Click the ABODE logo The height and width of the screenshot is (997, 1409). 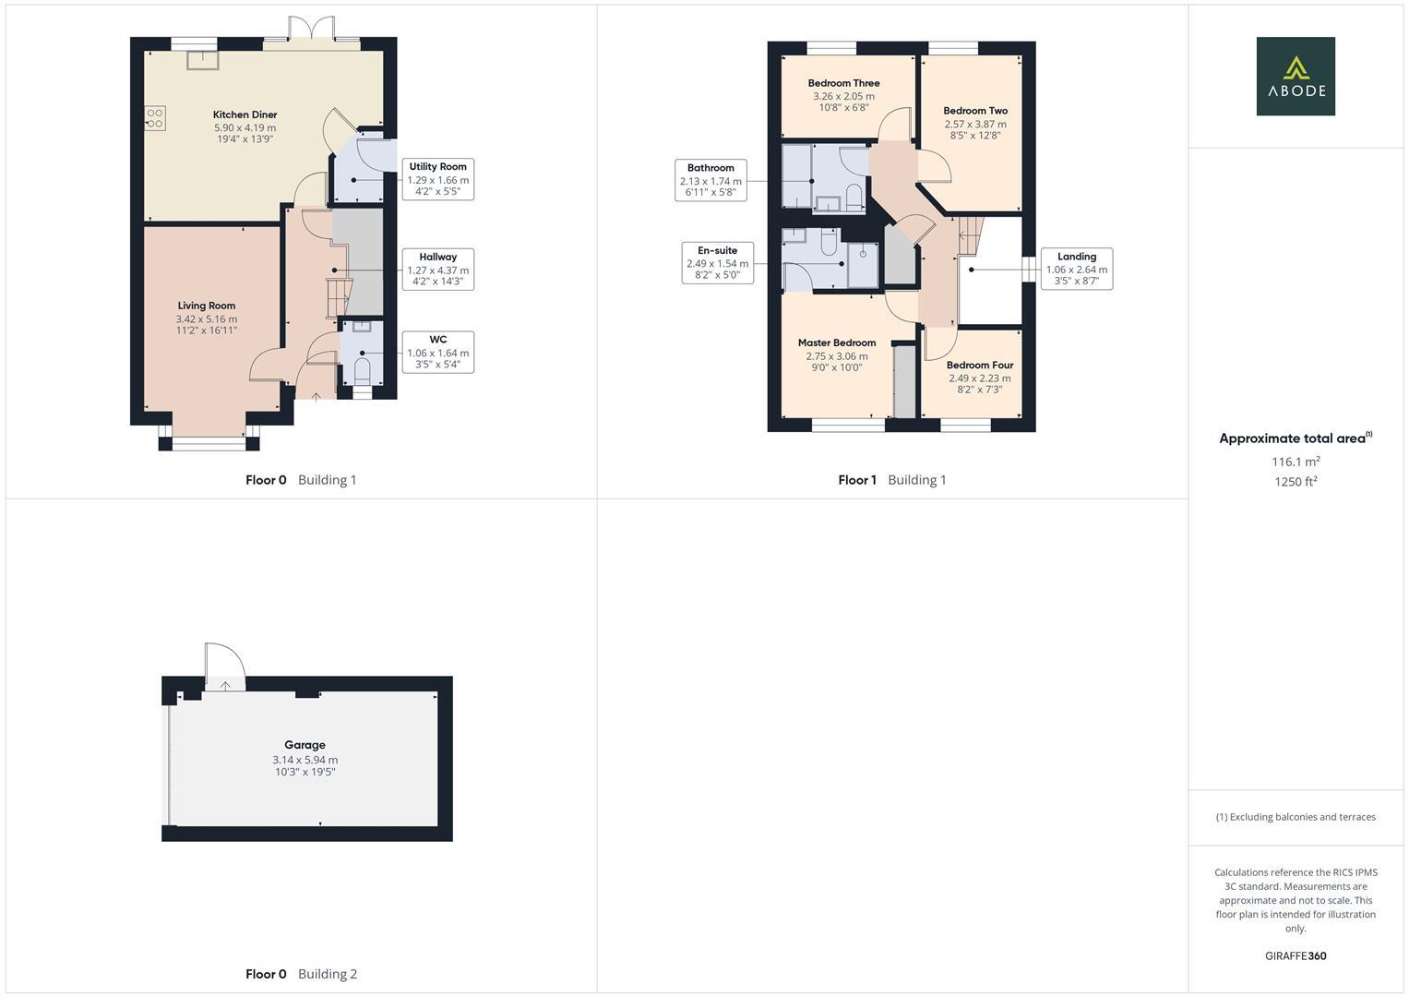pyautogui.click(x=1295, y=76)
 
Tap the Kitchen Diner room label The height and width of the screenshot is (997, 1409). pyautogui.click(x=245, y=114)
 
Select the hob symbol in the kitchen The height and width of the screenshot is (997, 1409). pyautogui.click(x=155, y=117)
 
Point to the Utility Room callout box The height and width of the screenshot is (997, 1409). pyautogui.click(x=438, y=179)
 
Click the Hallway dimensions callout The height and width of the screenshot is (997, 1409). pyautogui.click(x=438, y=270)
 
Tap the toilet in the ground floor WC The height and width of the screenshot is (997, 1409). pyautogui.click(x=362, y=372)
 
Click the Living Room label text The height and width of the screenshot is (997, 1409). pyautogui.click(x=207, y=306)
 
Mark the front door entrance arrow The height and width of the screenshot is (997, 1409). pyautogui.click(x=316, y=397)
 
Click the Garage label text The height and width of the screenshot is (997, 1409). pyautogui.click(x=304, y=745)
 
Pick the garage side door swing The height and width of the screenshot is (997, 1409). pyautogui.click(x=224, y=662)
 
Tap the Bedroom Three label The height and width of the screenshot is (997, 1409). pyautogui.click(x=843, y=83)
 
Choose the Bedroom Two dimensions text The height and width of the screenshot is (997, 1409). pyautogui.click(x=975, y=129)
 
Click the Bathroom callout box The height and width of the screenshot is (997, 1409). pyautogui.click(x=710, y=180)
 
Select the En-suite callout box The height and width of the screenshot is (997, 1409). pyautogui.click(x=717, y=263)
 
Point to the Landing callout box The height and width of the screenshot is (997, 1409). pyautogui.click(x=1076, y=269)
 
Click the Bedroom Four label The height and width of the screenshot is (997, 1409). pyautogui.click(x=979, y=365)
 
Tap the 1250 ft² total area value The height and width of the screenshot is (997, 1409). pyautogui.click(x=1296, y=481)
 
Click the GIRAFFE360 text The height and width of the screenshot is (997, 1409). pyautogui.click(x=1295, y=955)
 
